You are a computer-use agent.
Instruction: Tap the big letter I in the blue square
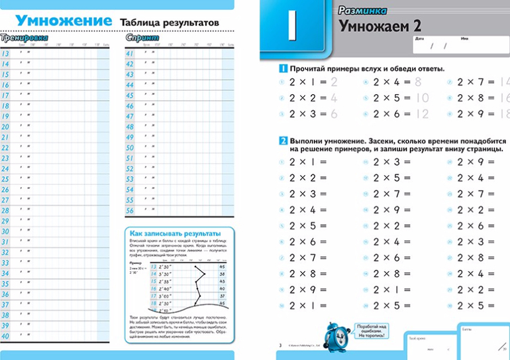(x=293, y=29)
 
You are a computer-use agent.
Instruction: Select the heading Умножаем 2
(x=380, y=27)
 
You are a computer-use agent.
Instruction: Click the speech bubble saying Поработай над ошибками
(x=372, y=332)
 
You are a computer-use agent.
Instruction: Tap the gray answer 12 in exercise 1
(x=422, y=114)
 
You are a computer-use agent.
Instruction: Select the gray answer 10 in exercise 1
(x=422, y=98)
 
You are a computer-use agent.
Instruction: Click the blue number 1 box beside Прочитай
(x=282, y=69)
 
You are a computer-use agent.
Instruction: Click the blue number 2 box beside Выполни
(x=282, y=141)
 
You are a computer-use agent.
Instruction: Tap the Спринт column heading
(x=142, y=38)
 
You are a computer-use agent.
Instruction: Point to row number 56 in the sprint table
(x=130, y=211)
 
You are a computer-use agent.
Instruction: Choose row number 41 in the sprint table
(x=130, y=54)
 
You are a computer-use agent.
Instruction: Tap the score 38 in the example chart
(x=222, y=274)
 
